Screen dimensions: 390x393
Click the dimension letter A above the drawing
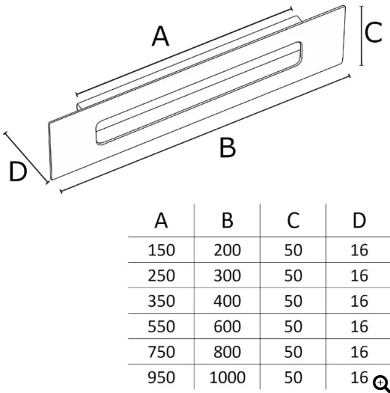click(161, 37)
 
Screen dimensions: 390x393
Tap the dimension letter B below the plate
click(228, 148)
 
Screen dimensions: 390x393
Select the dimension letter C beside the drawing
click(374, 32)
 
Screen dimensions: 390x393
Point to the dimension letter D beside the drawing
click(18, 171)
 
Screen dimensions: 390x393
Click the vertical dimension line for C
click(362, 36)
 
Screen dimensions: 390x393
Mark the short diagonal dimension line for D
click(26, 157)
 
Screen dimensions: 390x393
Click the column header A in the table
click(161, 221)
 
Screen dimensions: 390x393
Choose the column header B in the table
click(228, 221)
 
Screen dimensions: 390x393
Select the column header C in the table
click(293, 221)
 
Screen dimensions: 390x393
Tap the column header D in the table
click(359, 221)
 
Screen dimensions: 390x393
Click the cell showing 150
click(161, 250)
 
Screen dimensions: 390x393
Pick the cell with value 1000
click(228, 377)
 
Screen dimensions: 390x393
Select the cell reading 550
click(161, 326)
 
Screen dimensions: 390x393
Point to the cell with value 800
click(228, 352)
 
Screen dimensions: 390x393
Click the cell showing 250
click(161, 275)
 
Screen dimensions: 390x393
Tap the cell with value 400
click(228, 301)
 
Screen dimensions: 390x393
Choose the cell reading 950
click(161, 377)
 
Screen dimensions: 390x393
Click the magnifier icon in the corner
click(381, 384)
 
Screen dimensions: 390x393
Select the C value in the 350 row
click(293, 301)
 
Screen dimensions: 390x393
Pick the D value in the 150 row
click(359, 250)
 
